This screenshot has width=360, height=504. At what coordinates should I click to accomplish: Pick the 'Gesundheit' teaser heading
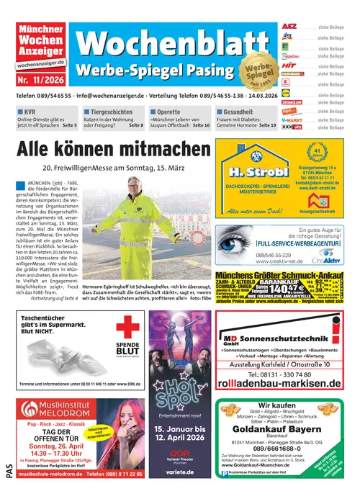point(238,112)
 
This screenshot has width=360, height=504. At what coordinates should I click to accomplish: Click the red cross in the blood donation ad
point(127,328)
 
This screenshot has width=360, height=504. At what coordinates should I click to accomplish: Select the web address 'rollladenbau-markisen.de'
point(277,382)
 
